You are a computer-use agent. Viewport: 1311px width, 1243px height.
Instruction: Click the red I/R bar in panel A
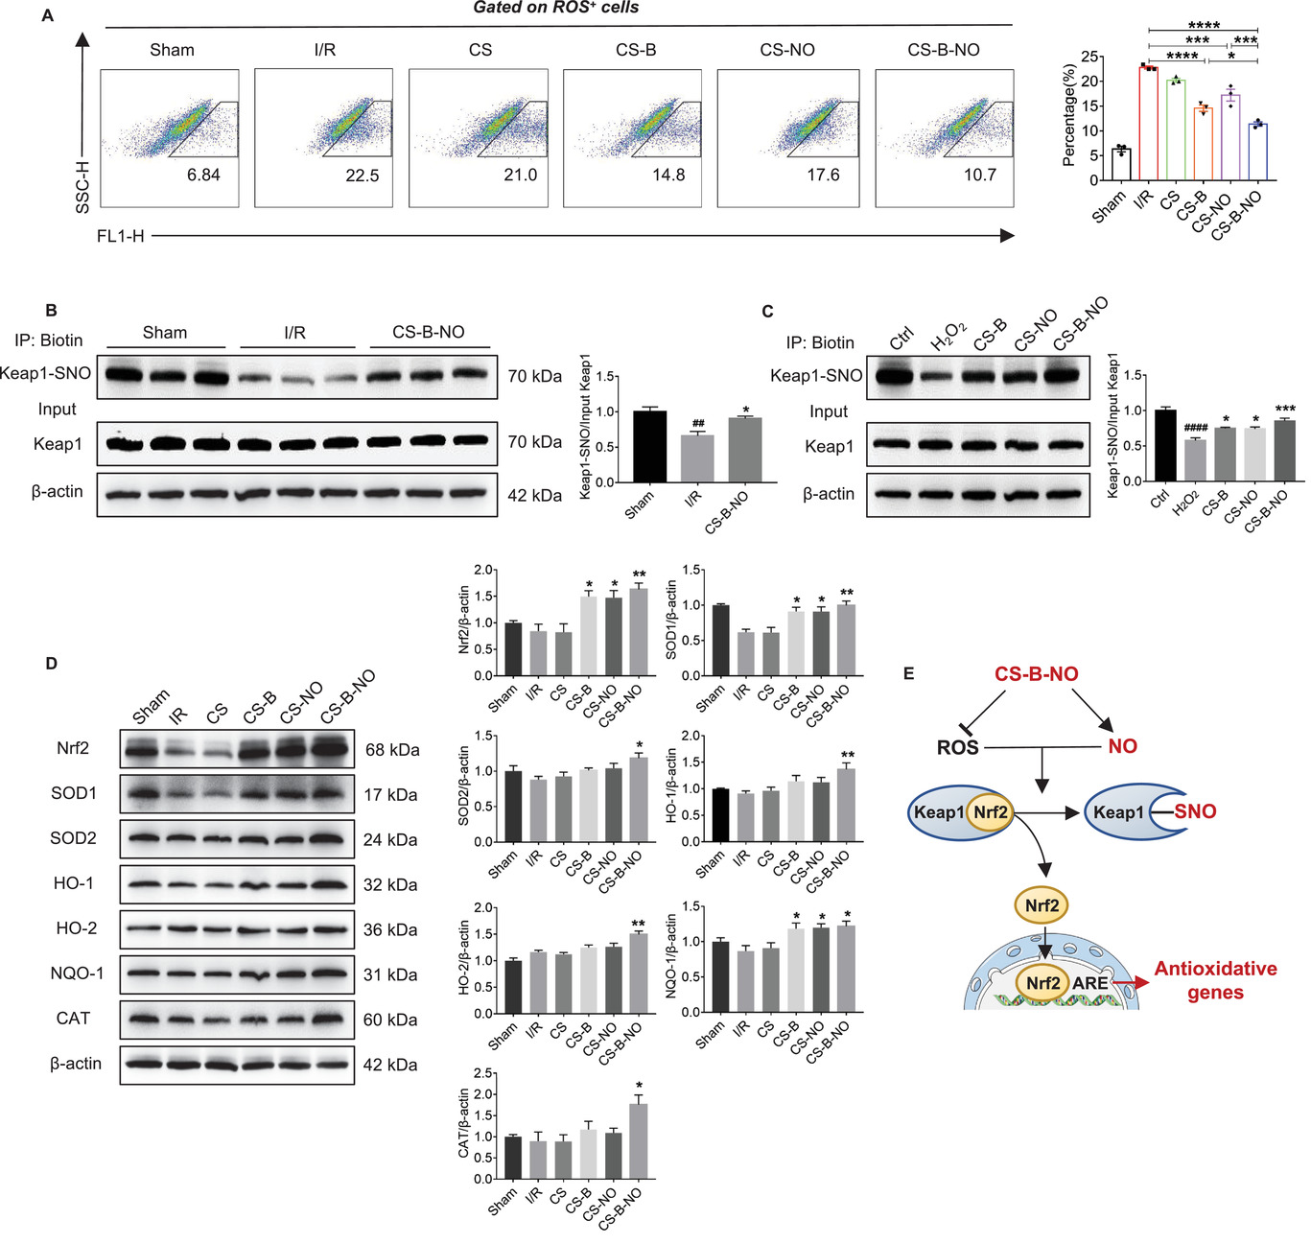coord(1148,124)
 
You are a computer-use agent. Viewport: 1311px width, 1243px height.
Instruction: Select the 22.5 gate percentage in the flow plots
coord(363,176)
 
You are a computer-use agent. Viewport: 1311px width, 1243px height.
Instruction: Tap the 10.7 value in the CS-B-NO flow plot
coord(979,175)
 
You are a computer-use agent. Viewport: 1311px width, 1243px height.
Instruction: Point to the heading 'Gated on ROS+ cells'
coord(555,8)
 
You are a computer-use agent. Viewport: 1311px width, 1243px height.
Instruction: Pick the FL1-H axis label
coord(120,236)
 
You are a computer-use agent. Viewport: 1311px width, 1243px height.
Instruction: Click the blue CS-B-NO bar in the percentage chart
coord(1257,152)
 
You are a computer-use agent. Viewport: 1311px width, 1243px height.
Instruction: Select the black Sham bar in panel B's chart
coord(649,446)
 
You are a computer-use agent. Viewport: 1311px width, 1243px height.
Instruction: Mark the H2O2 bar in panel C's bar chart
coord(1194,460)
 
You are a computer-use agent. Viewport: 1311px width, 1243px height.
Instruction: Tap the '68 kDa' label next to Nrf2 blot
coord(392,750)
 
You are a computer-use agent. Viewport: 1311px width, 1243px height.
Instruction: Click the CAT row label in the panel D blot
coord(73,1019)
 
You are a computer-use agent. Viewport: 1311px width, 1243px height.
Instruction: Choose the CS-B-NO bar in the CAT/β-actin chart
coord(638,1141)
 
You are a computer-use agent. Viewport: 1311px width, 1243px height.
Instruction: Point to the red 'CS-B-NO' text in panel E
coord(1036,674)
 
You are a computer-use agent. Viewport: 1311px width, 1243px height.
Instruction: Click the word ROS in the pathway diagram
coord(957,747)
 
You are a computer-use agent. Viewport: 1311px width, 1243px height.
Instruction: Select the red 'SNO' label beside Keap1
coord(1195,811)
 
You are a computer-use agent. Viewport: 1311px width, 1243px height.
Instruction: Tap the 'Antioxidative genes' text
coord(1215,980)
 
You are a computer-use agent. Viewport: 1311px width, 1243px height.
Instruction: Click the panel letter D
coord(52,664)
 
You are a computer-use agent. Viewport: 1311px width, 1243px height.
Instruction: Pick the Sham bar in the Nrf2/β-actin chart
coord(513,649)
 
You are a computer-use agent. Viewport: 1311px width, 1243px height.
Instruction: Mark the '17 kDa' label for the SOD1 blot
coord(390,795)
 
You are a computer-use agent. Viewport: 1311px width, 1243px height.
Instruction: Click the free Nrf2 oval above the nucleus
coord(1042,904)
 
